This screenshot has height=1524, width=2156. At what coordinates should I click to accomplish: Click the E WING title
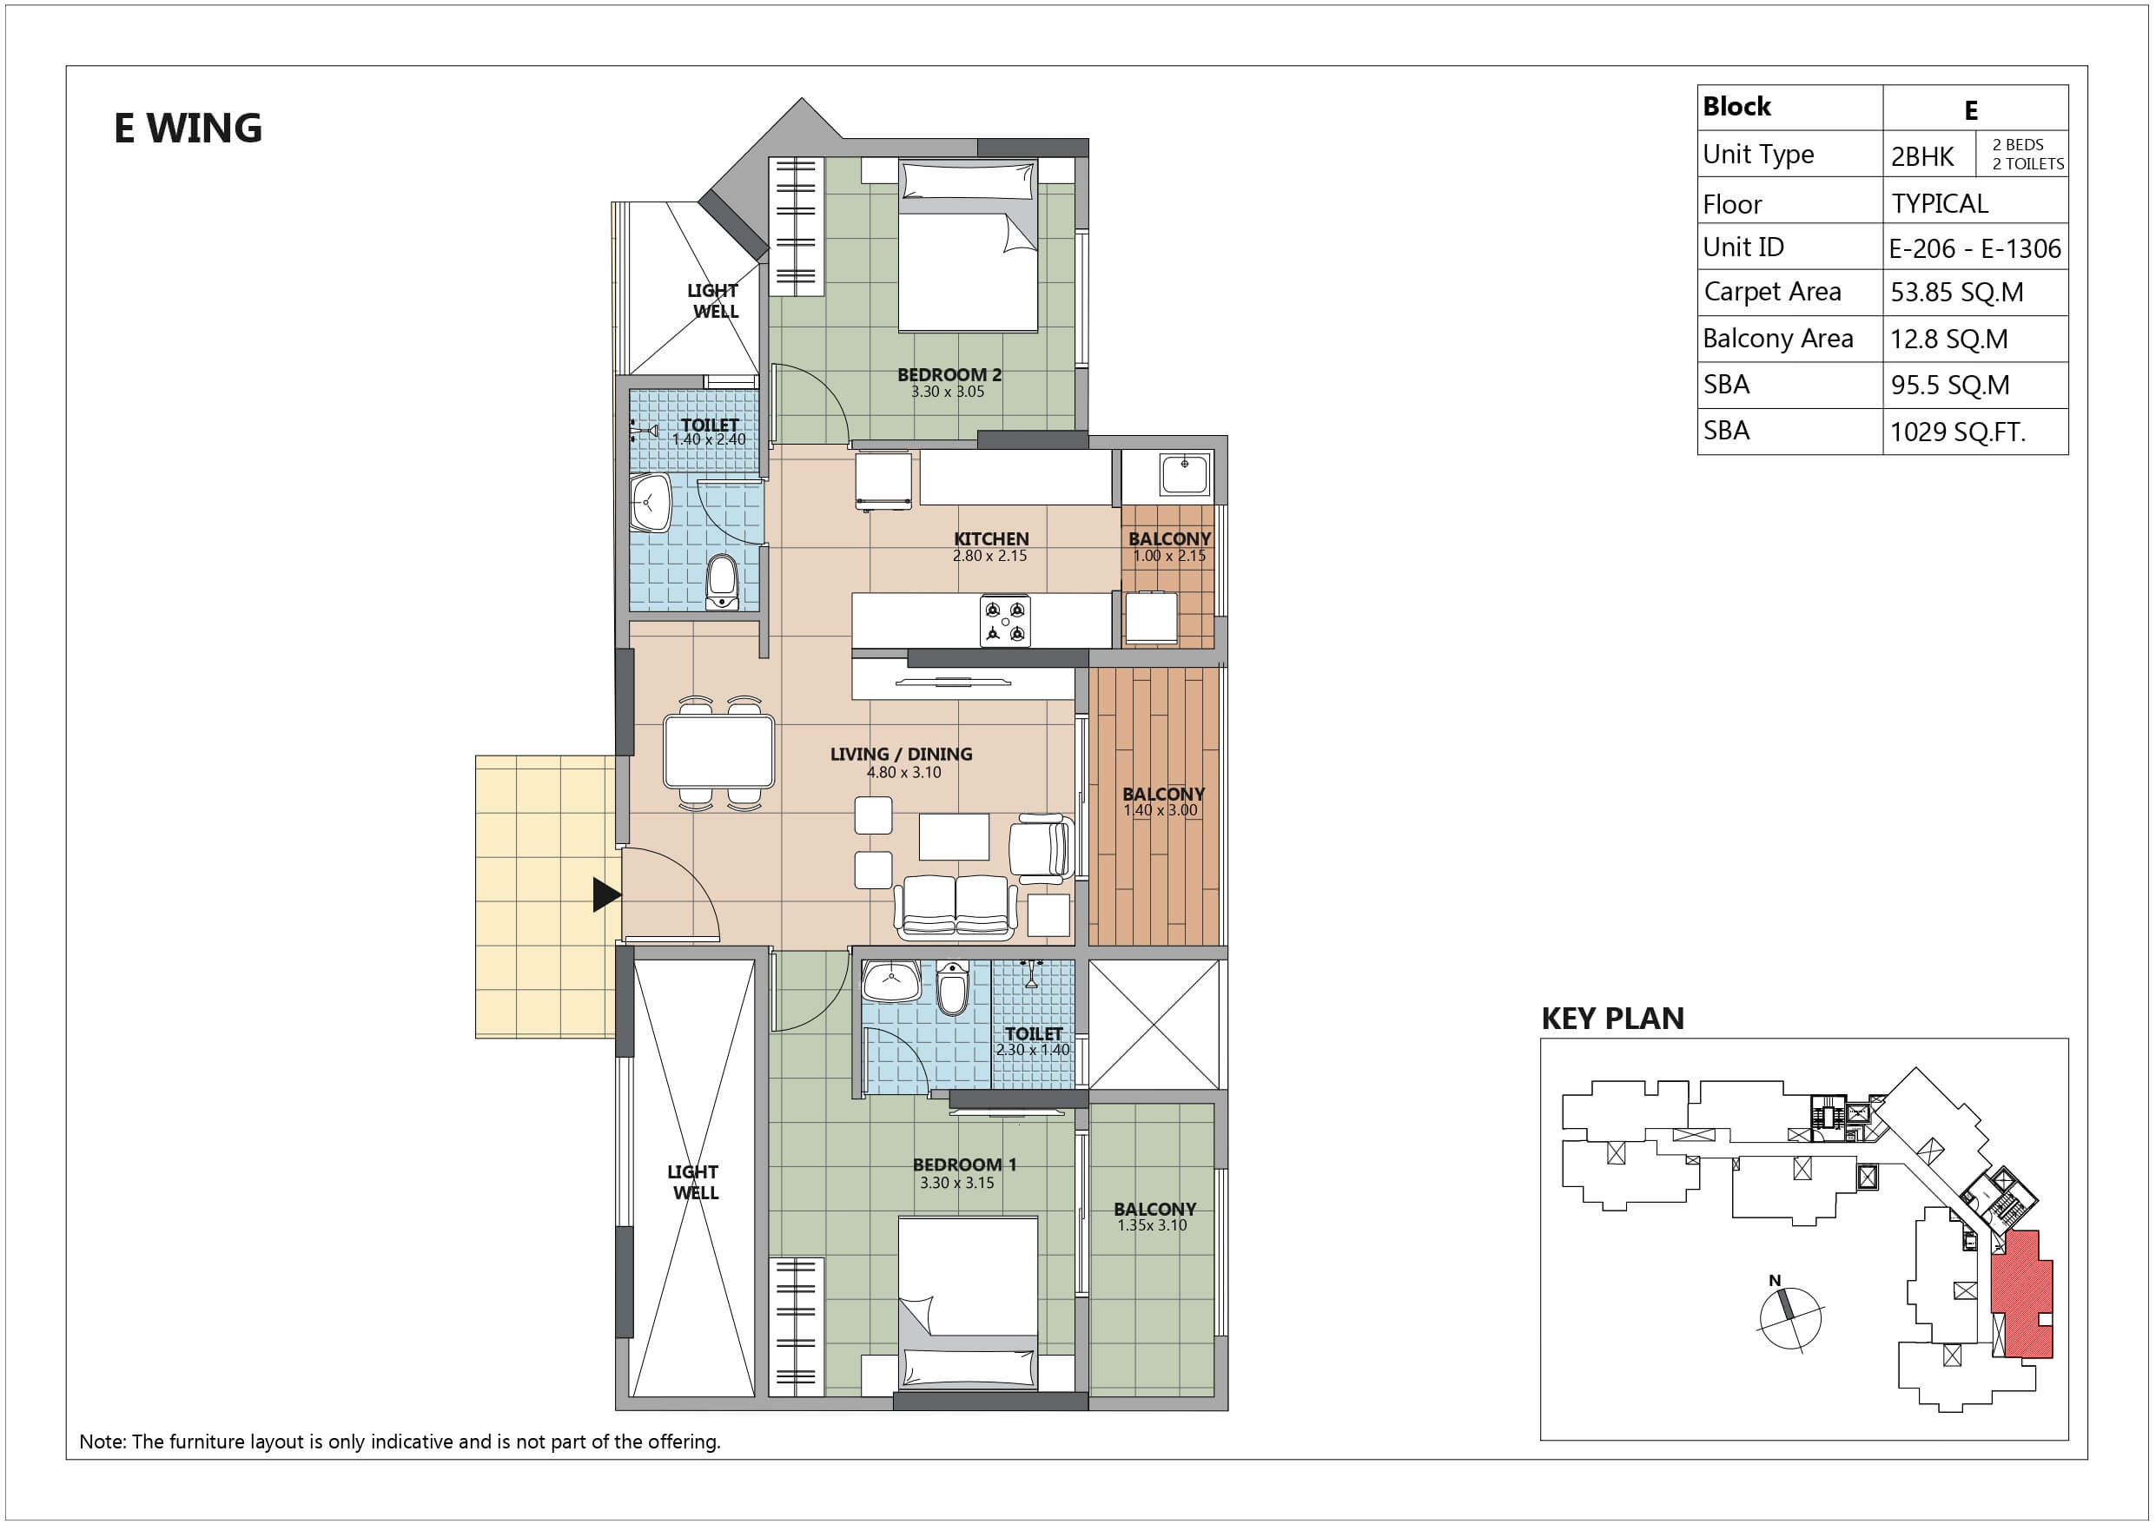pos(188,129)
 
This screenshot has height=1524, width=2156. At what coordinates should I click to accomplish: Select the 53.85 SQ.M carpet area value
pos(1957,292)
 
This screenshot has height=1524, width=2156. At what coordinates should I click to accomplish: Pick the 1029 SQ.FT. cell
pos(1958,432)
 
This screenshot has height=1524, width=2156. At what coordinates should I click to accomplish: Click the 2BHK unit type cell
pos(1922,156)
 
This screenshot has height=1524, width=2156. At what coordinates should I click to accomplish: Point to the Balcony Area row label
pos(1777,339)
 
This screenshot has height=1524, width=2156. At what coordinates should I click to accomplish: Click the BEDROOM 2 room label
pos(949,374)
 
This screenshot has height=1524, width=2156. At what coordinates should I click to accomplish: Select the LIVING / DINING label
pos(902,754)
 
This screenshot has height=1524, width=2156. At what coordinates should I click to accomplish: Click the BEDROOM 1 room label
pos(964,1164)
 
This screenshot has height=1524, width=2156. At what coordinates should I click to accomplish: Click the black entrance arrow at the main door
pos(606,895)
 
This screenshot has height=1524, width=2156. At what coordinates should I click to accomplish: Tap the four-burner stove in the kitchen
pos(1005,622)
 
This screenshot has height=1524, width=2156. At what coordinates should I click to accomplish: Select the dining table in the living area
pos(719,751)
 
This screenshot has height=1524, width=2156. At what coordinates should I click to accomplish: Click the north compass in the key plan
pos(1788,1316)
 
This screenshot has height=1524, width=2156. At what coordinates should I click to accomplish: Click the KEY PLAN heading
pos(1612,1019)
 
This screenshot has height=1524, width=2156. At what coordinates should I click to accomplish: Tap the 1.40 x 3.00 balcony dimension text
pos(1161,810)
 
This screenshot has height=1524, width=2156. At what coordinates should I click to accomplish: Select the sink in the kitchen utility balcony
pos(1185,474)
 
